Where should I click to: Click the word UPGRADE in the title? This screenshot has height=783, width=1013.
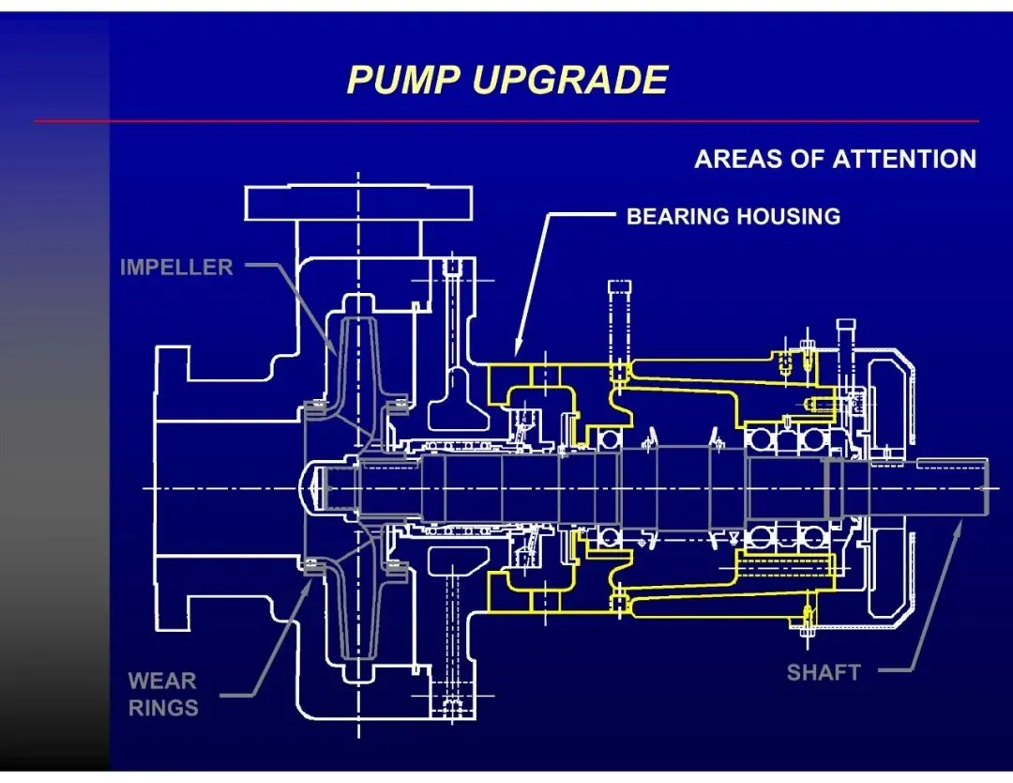click(569, 80)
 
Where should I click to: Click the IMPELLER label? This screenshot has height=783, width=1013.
click(176, 268)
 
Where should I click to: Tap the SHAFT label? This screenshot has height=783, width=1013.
click(823, 672)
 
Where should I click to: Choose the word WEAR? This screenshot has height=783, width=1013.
click(162, 680)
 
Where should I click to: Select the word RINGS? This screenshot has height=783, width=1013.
click(162, 708)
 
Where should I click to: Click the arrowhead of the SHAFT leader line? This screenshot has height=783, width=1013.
click(957, 529)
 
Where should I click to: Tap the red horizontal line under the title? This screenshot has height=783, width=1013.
click(506, 121)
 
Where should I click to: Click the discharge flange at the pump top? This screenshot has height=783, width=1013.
click(360, 202)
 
